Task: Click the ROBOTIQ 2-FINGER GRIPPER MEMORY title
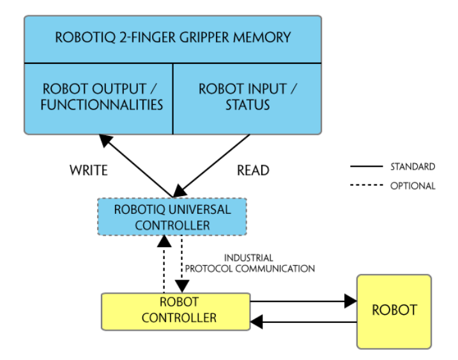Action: coord(172,36)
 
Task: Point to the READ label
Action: coord(253,171)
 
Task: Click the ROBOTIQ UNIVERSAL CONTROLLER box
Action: coord(172,217)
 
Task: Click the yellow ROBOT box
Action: coord(394,311)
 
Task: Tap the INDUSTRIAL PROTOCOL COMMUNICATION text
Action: coord(249,263)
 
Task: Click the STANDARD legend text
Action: coord(413,167)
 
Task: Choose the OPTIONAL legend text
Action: coord(413,186)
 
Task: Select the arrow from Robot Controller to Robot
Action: coord(303,300)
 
